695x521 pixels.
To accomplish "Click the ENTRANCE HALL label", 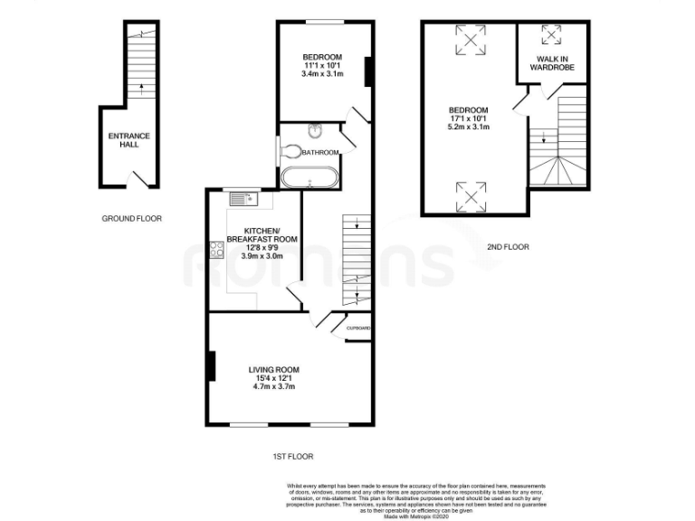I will [129, 140].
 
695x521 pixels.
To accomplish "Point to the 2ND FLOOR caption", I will [507, 247].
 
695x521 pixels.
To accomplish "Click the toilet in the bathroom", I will [291, 151].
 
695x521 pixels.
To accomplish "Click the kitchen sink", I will [245, 198].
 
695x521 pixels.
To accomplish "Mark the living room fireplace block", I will [211, 365].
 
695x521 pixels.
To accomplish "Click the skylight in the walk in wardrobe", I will [551, 35].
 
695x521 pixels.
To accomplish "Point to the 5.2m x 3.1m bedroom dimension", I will [470, 128].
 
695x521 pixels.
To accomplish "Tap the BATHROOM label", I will [320, 152].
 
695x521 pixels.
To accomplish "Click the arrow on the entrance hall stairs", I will [140, 89].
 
